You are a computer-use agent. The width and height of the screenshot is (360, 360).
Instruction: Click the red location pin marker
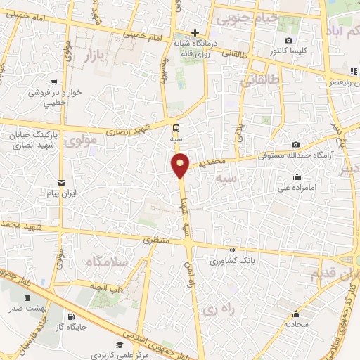[181, 165]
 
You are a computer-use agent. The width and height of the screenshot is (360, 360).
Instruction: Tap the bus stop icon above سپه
[176, 128]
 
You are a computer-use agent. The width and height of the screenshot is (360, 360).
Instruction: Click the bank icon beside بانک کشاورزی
[232, 250]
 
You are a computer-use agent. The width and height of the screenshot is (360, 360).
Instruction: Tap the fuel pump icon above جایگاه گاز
[70, 316]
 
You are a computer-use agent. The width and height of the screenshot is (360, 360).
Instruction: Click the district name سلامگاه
[106, 262]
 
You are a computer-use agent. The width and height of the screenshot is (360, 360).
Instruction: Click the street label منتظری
[157, 240]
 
